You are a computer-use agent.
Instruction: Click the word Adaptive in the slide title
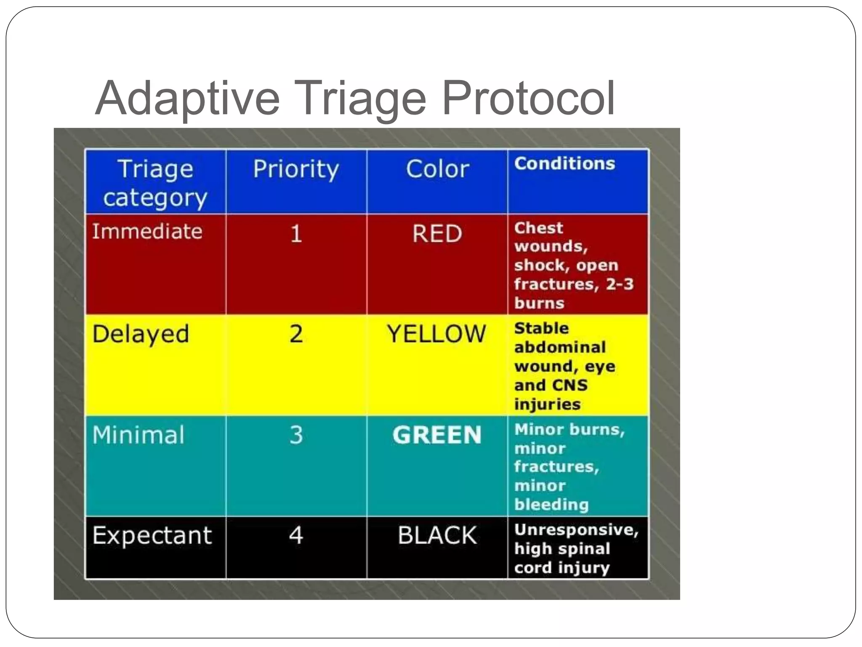(x=187, y=99)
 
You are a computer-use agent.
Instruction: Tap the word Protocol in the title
(x=528, y=99)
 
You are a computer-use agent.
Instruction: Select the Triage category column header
(x=155, y=183)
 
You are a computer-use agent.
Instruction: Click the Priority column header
(x=296, y=169)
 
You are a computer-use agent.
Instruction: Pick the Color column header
(x=437, y=169)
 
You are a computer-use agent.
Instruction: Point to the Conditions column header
(x=564, y=163)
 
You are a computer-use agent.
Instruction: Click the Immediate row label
(x=147, y=232)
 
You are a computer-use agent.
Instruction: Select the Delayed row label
(x=141, y=334)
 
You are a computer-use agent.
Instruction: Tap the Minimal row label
(x=138, y=435)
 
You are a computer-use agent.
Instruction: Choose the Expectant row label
(x=152, y=535)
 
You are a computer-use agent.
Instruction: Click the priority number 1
(x=296, y=234)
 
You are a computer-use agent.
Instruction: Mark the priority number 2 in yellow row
(x=296, y=334)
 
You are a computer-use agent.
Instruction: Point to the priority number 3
(x=296, y=435)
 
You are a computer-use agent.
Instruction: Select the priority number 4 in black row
(x=296, y=535)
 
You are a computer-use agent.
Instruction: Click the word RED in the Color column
(x=437, y=234)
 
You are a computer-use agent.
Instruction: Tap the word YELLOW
(x=437, y=334)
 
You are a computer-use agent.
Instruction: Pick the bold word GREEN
(x=437, y=435)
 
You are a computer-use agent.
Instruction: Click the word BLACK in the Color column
(x=437, y=535)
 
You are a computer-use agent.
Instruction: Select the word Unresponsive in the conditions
(x=576, y=530)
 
